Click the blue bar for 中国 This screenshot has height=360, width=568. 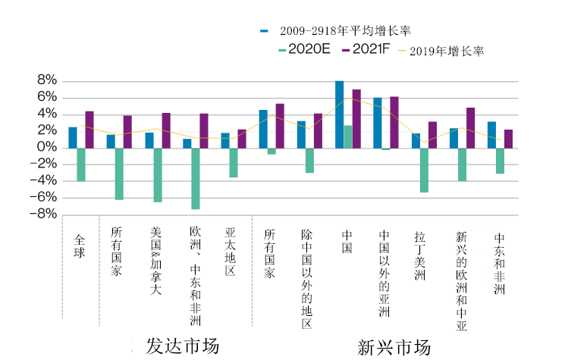(339, 114)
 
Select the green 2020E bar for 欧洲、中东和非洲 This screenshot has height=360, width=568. (196, 178)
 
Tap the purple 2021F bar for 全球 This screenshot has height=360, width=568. (89, 130)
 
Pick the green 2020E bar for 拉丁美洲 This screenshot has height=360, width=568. (424, 170)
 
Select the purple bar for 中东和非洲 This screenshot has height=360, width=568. (508, 139)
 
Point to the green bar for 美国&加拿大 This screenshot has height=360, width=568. (158, 174)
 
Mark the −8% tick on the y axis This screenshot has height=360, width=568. (43, 214)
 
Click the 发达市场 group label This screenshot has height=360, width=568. (183, 346)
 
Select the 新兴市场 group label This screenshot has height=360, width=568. (394, 347)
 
